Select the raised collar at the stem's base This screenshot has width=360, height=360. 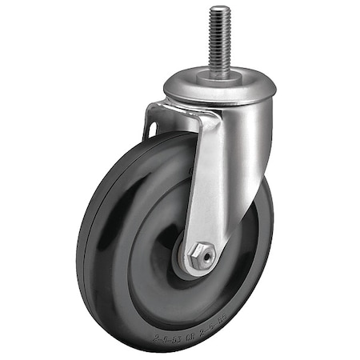(220, 74)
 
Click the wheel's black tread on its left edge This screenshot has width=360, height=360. (84, 240)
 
